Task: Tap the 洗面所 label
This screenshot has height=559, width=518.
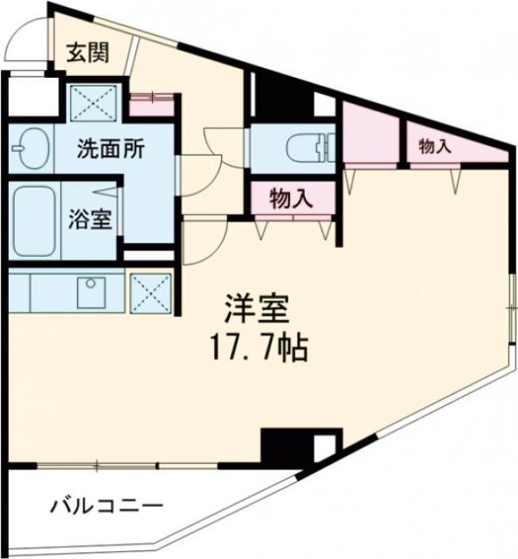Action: click(110, 148)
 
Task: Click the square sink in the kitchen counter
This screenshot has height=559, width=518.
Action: click(90, 291)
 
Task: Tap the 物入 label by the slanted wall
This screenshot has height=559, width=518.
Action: click(434, 147)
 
